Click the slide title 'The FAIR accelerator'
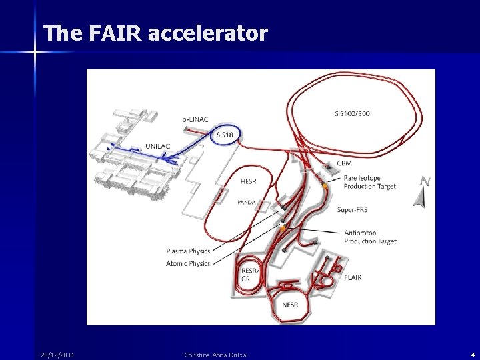(x=155, y=33)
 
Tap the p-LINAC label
(x=195, y=119)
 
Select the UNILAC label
(x=161, y=146)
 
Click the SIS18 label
(x=225, y=135)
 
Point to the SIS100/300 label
(x=352, y=113)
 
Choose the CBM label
(x=344, y=163)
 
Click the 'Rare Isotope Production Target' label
(x=369, y=182)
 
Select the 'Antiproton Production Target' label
(x=370, y=237)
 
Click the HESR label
(x=249, y=181)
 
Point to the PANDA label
(x=246, y=202)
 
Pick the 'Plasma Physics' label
(x=188, y=251)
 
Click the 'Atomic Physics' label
(x=188, y=264)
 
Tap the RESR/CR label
(x=250, y=275)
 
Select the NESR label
(x=290, y=305)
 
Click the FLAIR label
(x=353, y=277)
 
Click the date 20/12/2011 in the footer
(x=57, y=355)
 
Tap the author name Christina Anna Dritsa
(x=215, y=355)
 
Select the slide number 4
(x=473, y=355)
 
